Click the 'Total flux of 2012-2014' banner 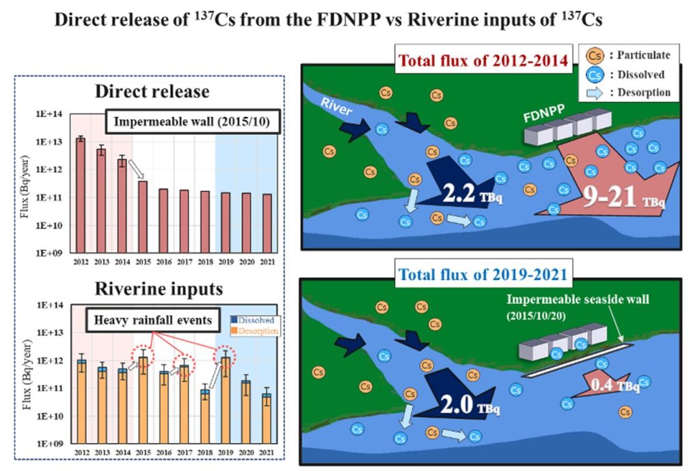pos(483,61)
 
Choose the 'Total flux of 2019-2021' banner pos(483,276)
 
